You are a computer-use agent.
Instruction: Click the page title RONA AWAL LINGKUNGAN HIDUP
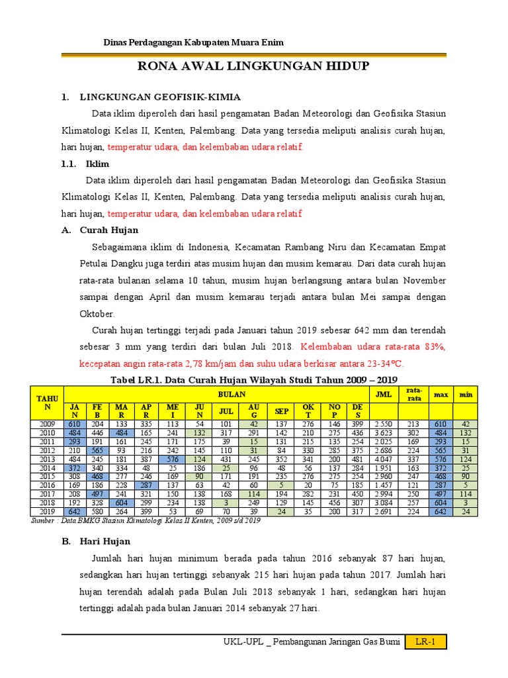[x=253, y=66]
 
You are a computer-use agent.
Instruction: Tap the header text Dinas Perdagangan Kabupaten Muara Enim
[x=194, y=42]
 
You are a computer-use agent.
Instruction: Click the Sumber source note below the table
[x=146, y=520]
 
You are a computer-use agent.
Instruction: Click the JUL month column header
[x=226, y=411]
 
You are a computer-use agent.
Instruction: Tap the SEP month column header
[x=282, y=411]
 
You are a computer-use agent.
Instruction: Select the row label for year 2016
[x=47, y=484]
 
